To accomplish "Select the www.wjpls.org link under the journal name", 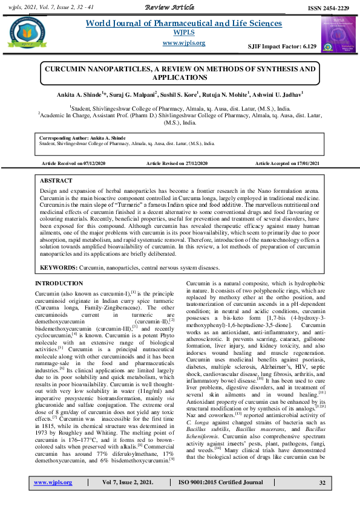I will (185, 43).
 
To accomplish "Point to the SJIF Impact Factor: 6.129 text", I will (283, 46).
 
